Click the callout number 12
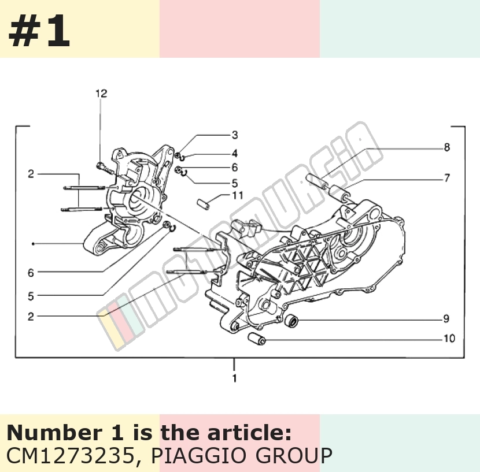coord(101,93)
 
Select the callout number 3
coord(235,135)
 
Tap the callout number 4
coord(234,153)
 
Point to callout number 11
coord(238,195)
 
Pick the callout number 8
coord(447,147)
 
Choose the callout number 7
coord(447,178)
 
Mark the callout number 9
coord(446,319)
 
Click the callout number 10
coord(449,339)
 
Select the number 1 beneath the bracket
coord(234,378)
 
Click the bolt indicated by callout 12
coord(105,168)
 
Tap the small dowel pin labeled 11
coord(204,204)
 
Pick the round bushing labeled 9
coord(291,319)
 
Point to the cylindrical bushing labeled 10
coord(257,339)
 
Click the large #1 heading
coord(39,31)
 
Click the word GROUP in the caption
coord(294,455)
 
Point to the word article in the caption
coord(249,433)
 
